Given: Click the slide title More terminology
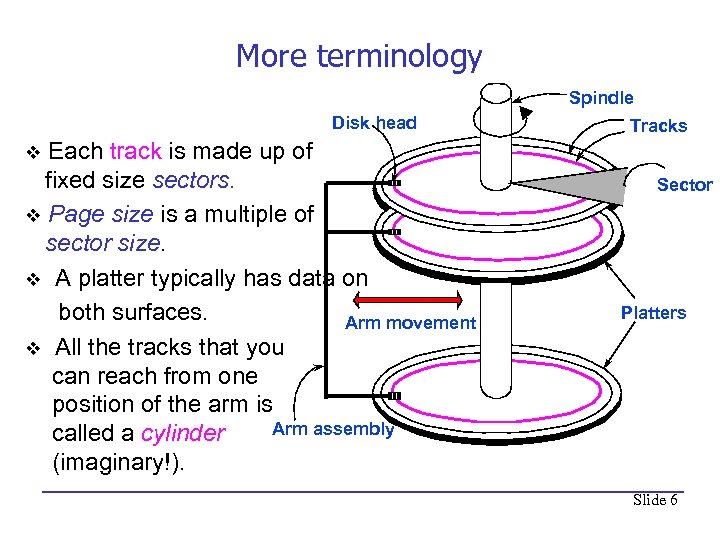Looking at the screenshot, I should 358,56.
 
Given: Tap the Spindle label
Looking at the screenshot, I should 601,98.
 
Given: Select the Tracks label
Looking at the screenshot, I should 658,126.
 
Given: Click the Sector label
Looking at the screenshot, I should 684,185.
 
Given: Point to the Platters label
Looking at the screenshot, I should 653,313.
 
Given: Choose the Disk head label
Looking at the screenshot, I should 374,123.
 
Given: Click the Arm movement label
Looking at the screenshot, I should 410,323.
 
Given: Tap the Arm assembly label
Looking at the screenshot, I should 333,429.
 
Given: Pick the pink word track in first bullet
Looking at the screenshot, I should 135,152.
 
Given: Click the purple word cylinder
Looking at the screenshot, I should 184,433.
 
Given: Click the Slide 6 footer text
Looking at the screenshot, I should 655,500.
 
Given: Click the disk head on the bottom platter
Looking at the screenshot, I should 394,396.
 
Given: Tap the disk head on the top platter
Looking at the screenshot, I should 396,184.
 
